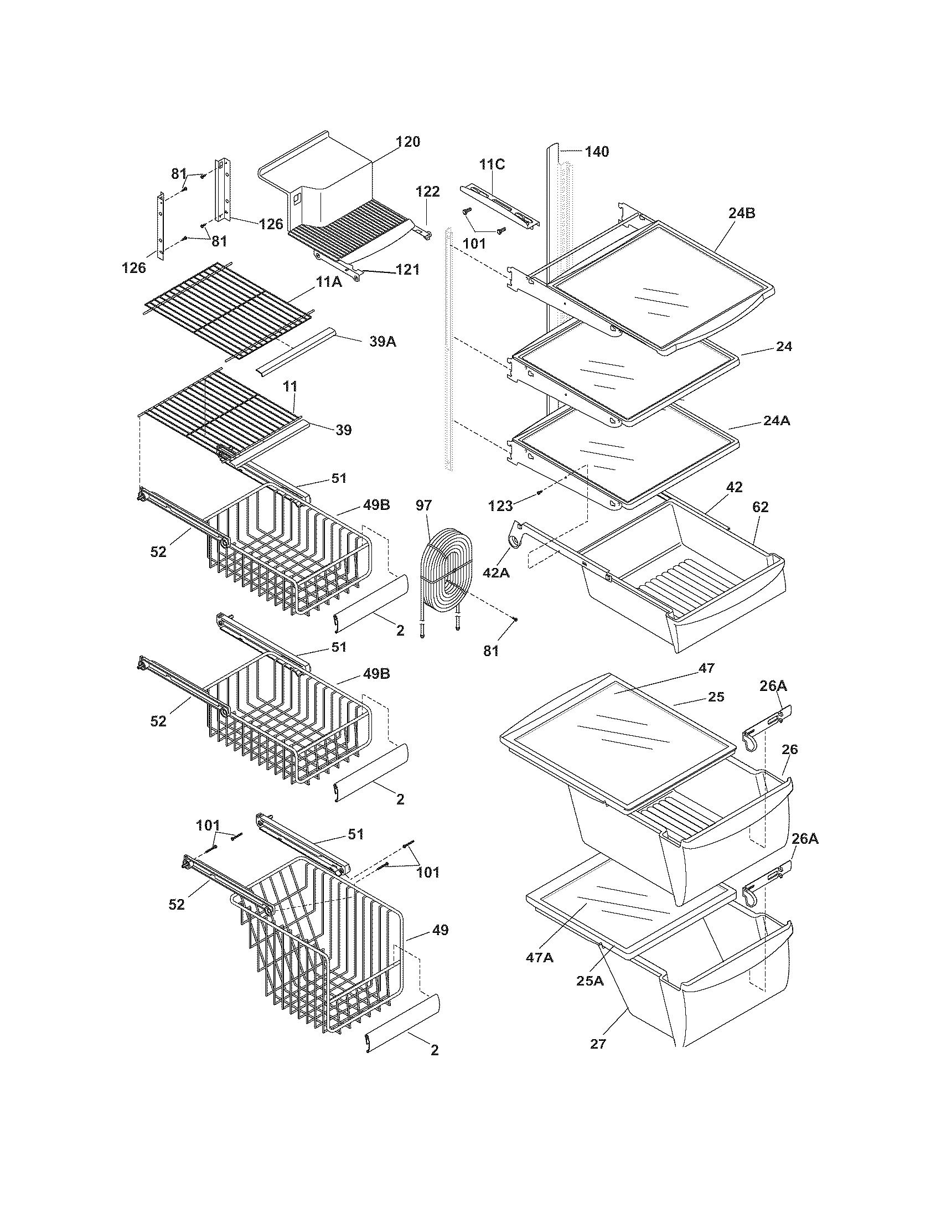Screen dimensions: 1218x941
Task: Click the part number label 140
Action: coord(597,152)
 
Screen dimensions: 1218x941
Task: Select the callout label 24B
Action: coord(741,213)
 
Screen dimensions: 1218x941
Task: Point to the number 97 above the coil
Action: coord(423,505)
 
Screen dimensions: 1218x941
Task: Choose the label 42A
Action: coord(496,572)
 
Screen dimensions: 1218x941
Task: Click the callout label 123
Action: coord(500,506)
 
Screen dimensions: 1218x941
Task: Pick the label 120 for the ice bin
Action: coord(408,142)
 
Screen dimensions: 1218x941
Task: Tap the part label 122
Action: coord(428,192)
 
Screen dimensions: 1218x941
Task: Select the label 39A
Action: coord(382,342)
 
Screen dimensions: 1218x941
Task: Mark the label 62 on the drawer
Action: coord(760,507)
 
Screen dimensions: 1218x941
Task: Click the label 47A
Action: coord(540,958)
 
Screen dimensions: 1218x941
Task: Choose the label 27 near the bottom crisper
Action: coord(598,1044)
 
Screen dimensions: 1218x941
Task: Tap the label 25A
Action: coord(591,980)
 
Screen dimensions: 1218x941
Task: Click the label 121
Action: coord(407,270)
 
